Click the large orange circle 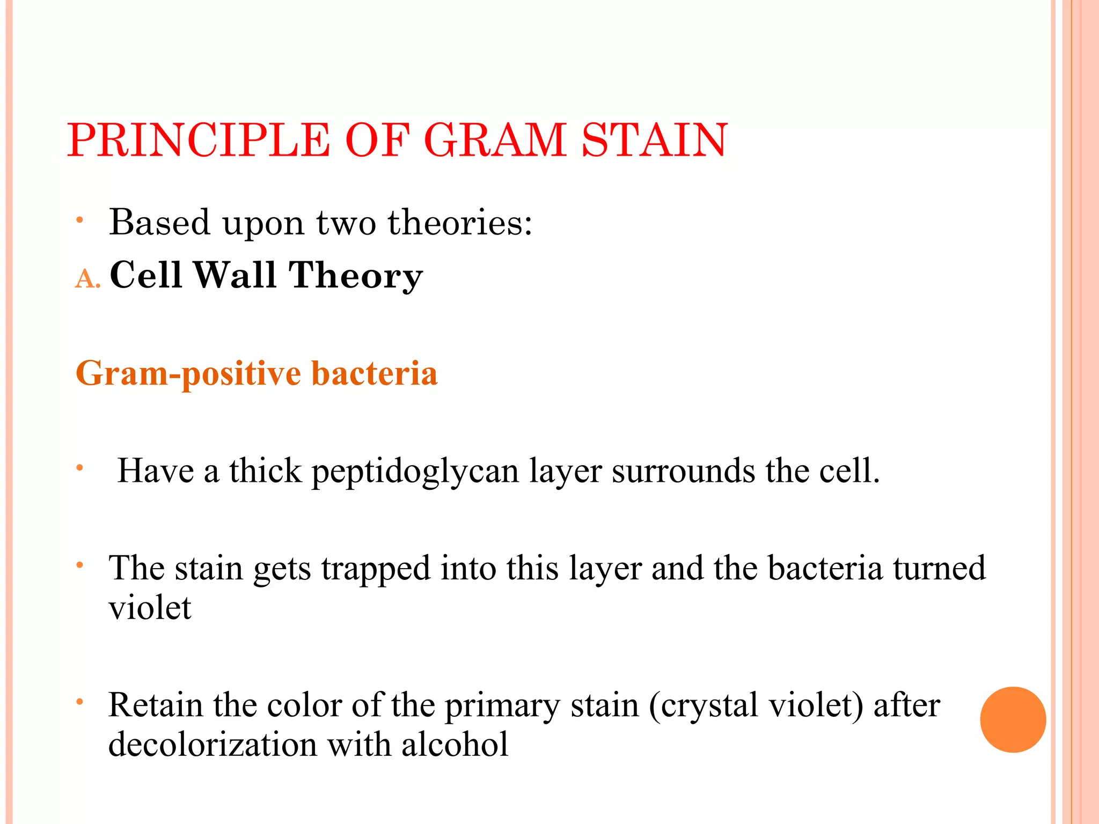[1013, 719]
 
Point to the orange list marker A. [87, 279]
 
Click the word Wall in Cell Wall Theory [235, 275]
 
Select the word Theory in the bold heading [355, 276]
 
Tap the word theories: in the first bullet [460, 222]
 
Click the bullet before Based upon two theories [79, 219]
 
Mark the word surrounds [683, 471]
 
